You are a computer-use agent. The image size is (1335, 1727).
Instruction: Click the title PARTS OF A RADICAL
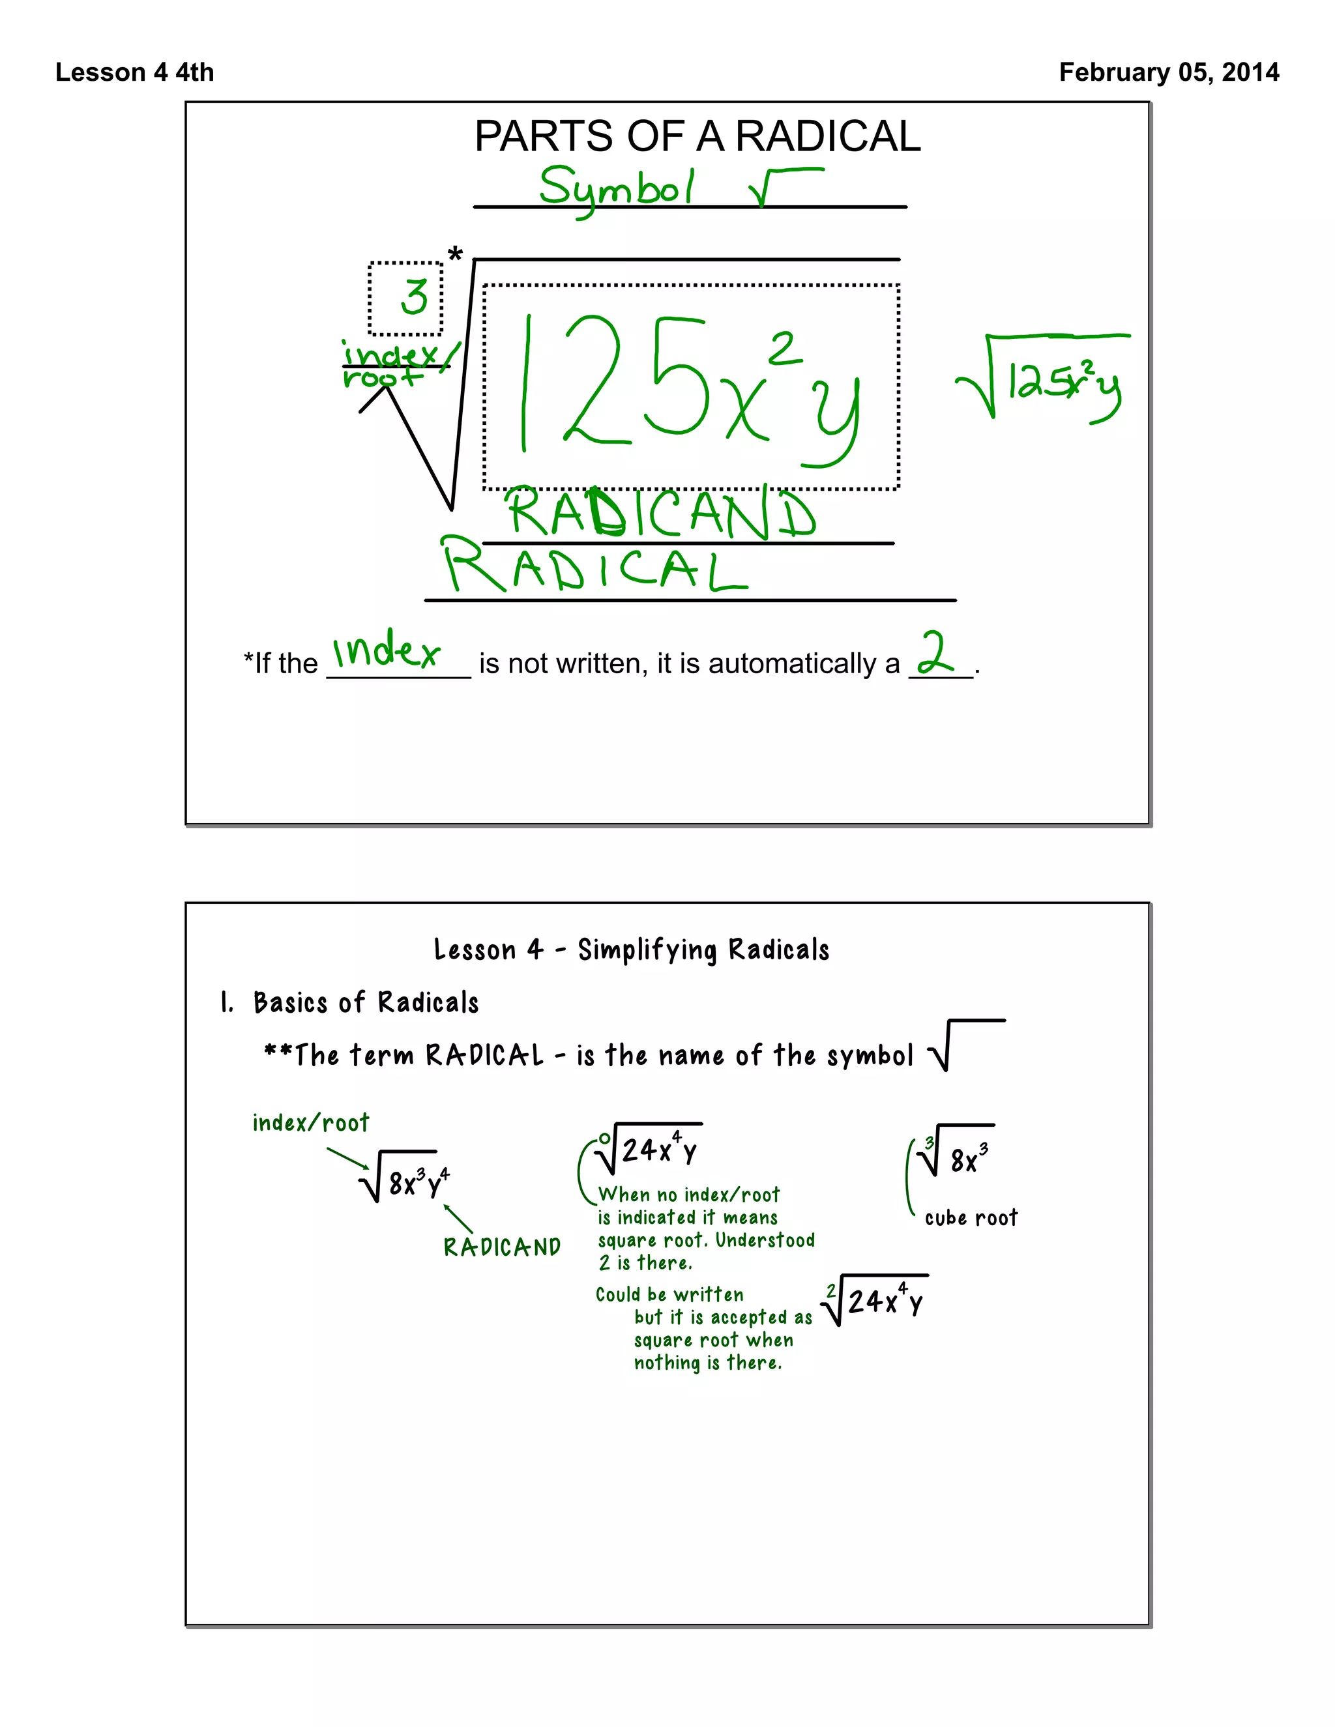(697, 136)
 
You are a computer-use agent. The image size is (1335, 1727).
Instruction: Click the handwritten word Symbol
(616, 190)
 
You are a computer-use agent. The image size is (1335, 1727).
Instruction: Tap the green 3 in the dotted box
(414, 297)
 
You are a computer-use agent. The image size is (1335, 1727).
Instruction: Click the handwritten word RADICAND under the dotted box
(660, 514)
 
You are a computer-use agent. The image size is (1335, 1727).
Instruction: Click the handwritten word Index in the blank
(385, 652)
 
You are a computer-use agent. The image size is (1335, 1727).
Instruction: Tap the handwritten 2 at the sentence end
(935, 653)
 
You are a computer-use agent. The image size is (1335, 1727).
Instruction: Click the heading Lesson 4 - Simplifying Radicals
(631, 950)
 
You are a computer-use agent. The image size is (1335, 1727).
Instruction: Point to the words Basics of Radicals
(366, 1003)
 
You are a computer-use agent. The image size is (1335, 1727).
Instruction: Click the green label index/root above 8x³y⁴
(311, 1123)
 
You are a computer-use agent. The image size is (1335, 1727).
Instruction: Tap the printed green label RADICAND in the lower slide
(501, 1247)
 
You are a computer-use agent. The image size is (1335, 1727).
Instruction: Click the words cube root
(971, 1218)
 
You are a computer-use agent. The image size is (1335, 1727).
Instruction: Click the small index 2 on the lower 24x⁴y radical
(830, 1290)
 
